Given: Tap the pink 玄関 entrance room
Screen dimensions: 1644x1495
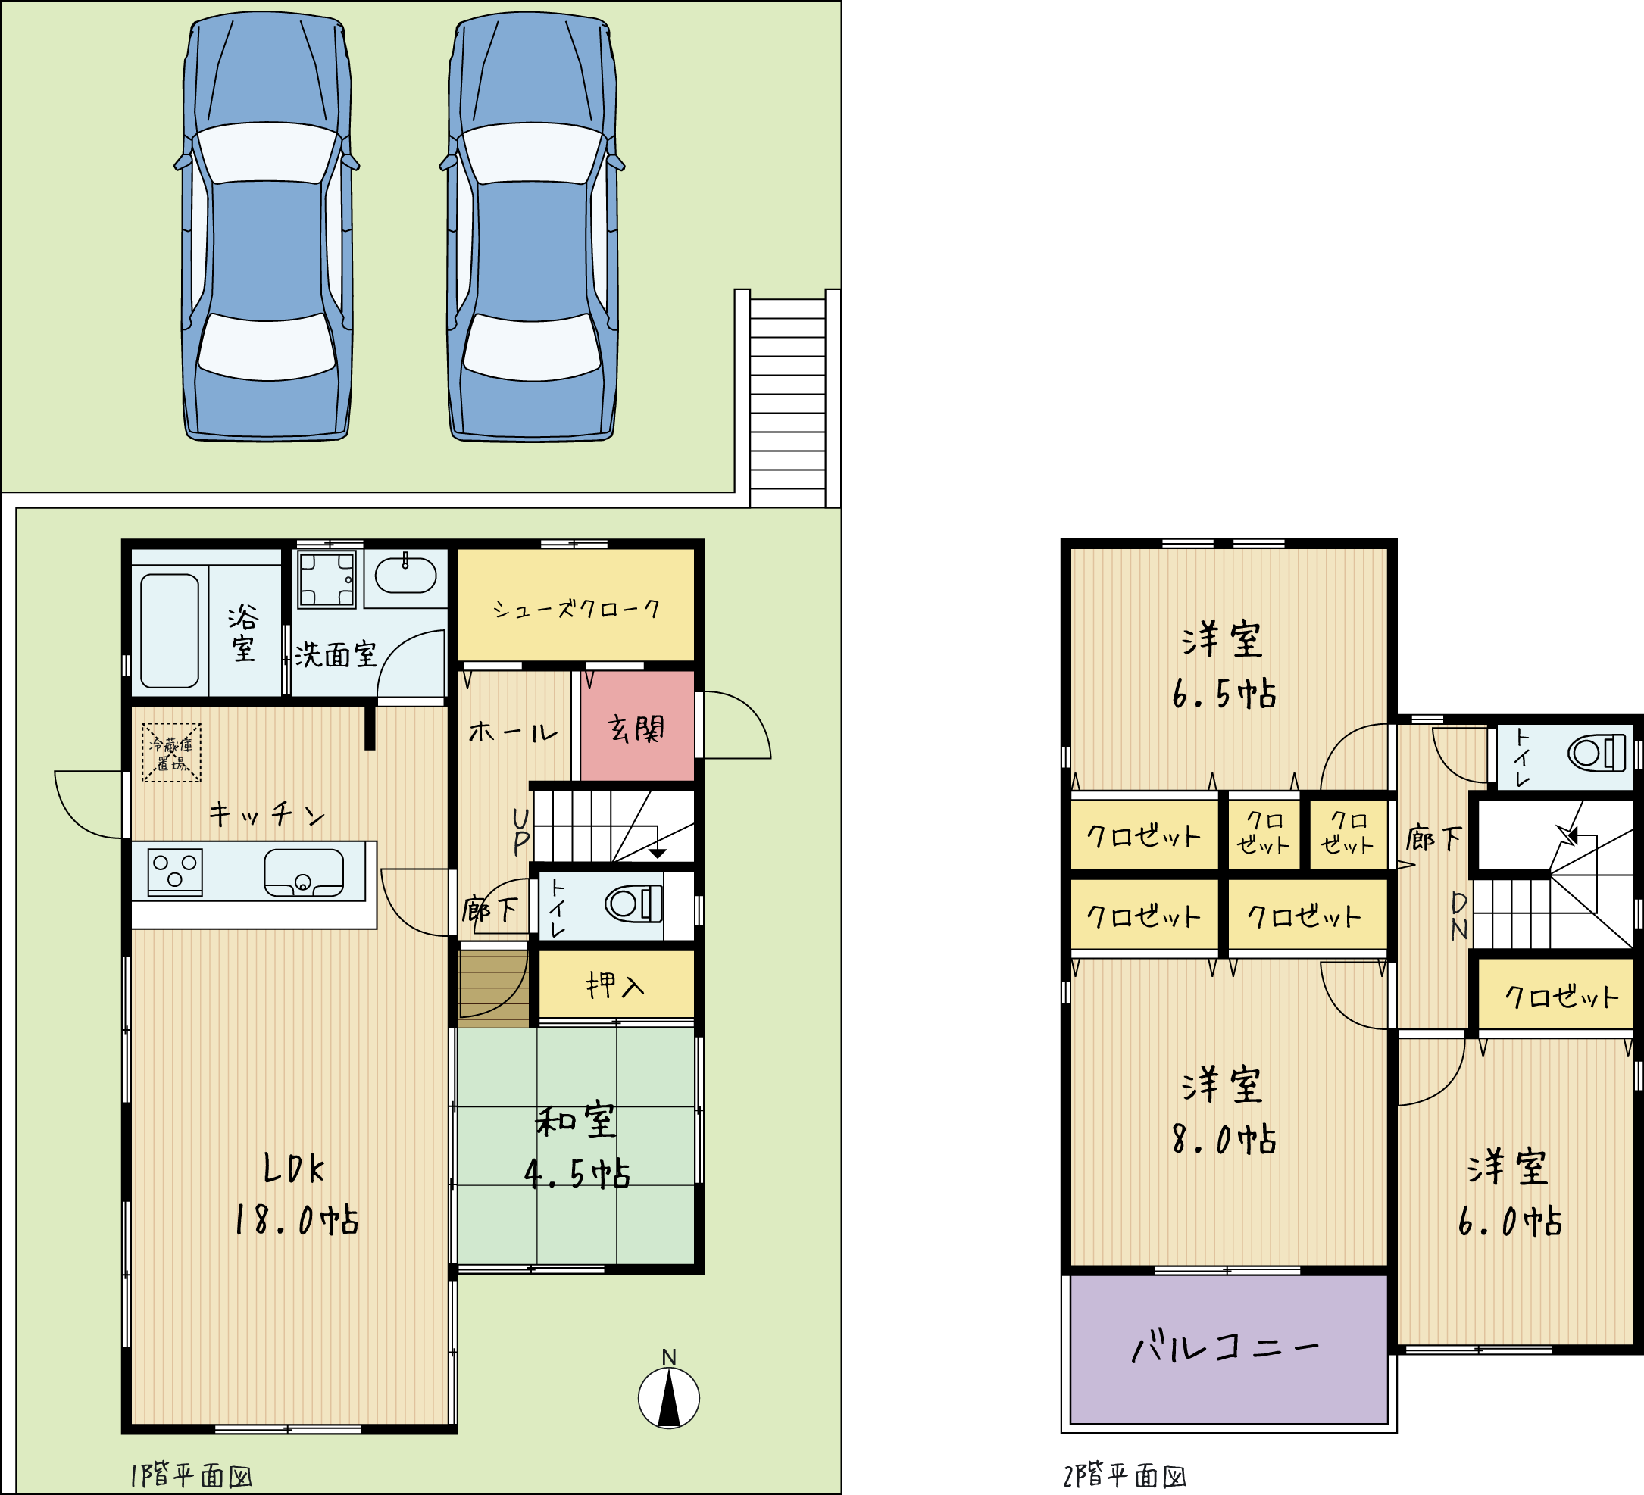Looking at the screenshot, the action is [637, 726].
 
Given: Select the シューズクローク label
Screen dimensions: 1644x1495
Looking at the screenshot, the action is [576, 609].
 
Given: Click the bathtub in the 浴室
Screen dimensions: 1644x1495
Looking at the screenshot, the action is [170, 631].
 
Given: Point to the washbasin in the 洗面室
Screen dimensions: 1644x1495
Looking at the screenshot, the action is [405, 576].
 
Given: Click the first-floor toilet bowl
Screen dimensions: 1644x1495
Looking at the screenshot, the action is [633, 904].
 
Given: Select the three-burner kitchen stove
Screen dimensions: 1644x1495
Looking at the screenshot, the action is [175, 872].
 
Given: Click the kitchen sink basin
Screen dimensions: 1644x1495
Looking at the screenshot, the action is [304, 873].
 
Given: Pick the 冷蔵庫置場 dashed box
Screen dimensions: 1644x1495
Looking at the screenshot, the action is [171, 752].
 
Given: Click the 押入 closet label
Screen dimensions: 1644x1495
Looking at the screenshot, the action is [616, 985].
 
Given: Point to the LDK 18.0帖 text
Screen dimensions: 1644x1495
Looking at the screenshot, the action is [296, 1194].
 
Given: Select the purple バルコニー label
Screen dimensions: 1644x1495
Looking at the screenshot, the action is [1224, 1347].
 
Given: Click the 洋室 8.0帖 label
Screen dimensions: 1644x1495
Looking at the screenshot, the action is [1224, 1111].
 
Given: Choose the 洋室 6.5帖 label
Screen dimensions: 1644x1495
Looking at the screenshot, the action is [1224, 665].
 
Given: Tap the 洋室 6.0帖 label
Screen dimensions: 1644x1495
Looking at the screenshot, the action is [1509, 1194].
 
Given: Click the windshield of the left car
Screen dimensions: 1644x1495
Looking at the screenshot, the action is [267, 153].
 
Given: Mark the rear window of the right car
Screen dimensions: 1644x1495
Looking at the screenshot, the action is [533, 346].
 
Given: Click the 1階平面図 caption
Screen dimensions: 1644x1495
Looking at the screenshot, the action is [192, 1475].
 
